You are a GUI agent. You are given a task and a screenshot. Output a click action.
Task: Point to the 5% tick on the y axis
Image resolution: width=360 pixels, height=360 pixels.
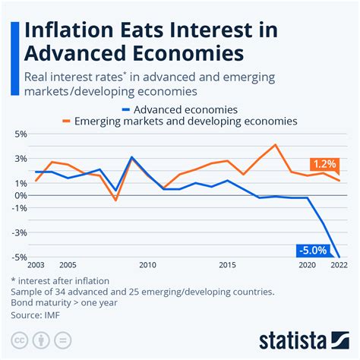19,134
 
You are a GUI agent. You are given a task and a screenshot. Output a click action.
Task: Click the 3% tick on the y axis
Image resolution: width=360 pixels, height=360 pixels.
19,158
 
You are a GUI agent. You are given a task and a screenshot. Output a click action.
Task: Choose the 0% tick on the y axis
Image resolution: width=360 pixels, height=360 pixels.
19,195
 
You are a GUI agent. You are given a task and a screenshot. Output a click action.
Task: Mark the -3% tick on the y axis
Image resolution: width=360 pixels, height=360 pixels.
18,232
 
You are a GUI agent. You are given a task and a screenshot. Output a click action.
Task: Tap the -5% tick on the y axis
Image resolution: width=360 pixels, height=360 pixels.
18,257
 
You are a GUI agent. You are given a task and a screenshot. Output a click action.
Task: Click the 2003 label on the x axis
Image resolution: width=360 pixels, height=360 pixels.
36,266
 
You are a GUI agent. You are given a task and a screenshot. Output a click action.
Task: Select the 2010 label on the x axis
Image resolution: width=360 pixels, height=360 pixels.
147,266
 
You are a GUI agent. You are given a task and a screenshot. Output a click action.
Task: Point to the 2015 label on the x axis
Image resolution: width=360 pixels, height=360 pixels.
227,266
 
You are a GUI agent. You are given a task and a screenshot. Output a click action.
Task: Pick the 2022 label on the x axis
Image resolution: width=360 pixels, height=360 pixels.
339,266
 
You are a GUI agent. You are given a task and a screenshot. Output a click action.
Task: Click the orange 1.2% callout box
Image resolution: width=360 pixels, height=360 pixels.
324,164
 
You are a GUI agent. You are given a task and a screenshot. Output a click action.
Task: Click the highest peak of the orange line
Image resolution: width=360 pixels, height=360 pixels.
275,144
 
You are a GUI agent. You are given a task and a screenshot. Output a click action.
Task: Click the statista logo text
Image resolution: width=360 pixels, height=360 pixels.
302,339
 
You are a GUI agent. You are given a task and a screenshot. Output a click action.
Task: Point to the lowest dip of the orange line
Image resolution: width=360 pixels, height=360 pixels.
115,201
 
